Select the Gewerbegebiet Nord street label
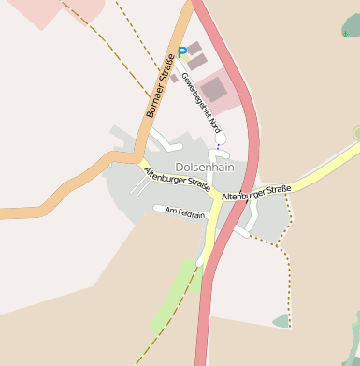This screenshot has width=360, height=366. pos(201,102)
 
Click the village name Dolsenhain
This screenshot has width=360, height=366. pos(204,166)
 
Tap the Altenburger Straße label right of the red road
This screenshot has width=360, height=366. pos(257,193)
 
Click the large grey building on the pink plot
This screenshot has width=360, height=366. pos(214,90)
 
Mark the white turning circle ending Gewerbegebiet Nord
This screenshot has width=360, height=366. pos(220,138)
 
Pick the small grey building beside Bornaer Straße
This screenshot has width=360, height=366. pos(174,79)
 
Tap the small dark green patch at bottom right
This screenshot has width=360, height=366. pos(281,321)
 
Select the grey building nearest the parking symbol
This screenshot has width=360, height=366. pos(195,48)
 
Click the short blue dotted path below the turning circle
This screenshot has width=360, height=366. pos(218,147)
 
